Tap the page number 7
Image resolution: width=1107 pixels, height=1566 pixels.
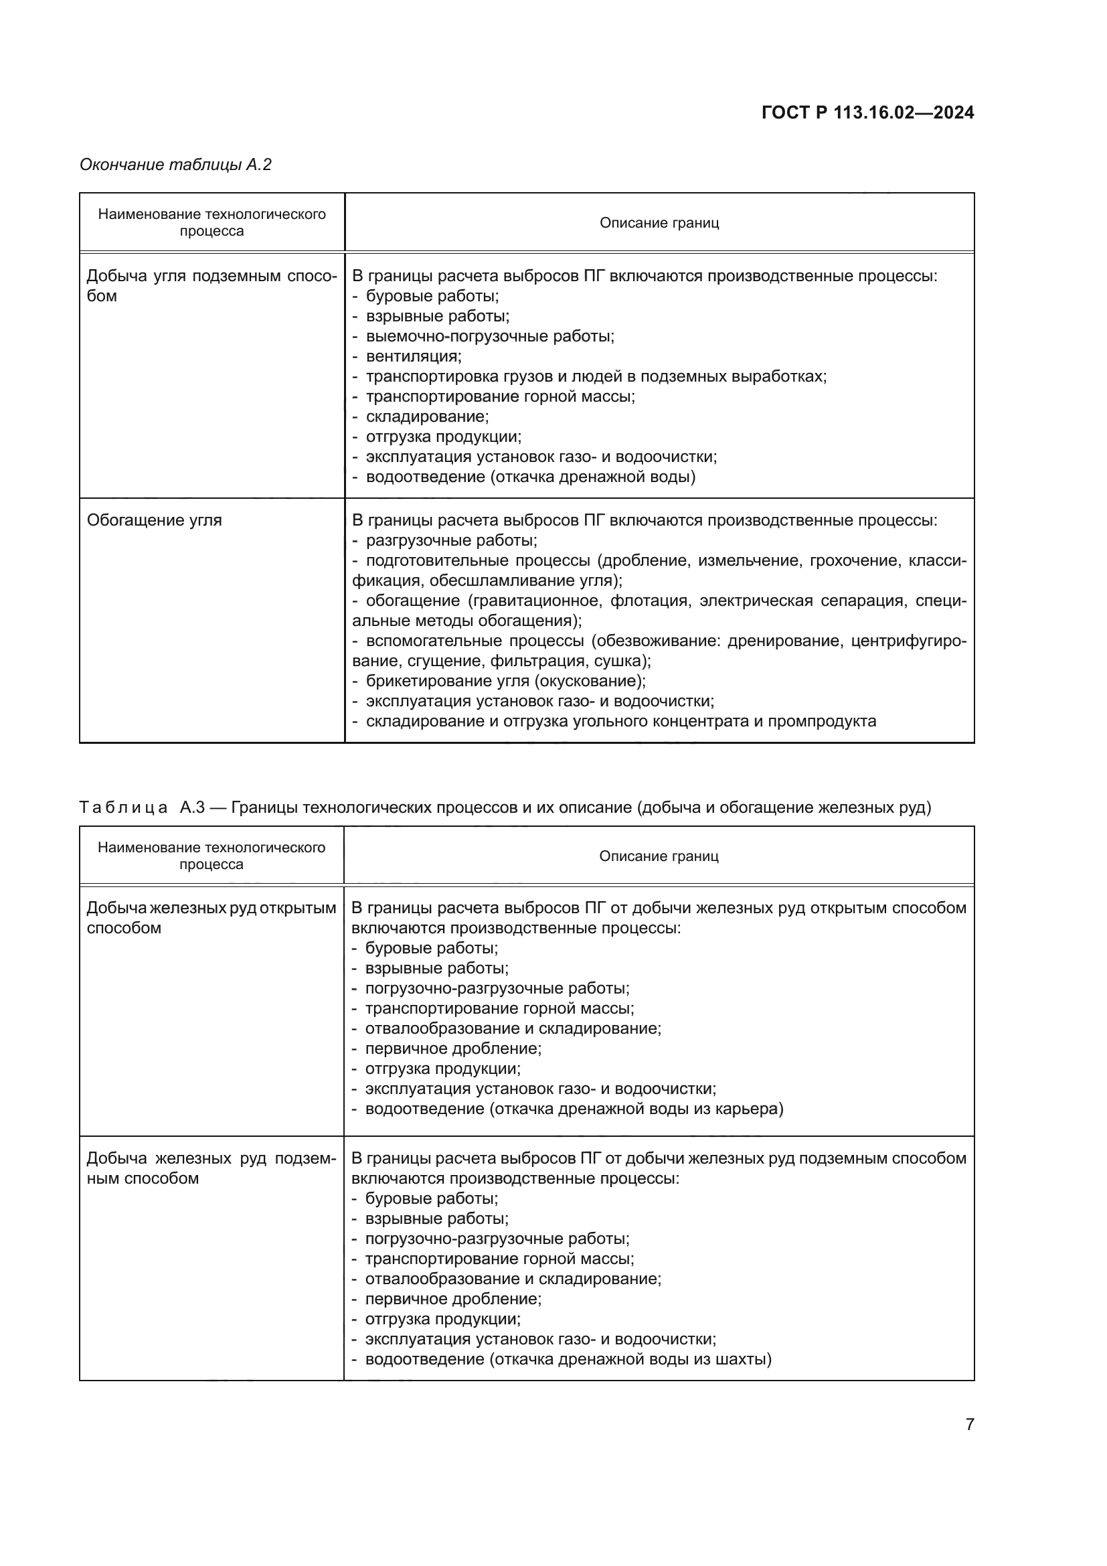(969, 1424)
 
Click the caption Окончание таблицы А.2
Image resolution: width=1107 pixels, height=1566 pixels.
(175, 165)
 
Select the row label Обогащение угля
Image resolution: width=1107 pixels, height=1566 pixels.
(154, 520)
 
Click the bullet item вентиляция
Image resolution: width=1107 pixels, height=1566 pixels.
(413, 356)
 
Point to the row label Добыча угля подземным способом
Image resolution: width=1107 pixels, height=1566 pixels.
(211, 285)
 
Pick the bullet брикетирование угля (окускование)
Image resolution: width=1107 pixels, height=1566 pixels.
(505, 681)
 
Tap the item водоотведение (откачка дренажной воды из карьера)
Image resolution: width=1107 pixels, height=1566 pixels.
(574, 1109)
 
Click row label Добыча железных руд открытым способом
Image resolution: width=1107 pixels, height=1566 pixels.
(211, 917)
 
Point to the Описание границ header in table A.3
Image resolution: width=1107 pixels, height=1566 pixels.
(659, 856)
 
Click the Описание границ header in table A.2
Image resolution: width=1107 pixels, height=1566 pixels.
(659, 223)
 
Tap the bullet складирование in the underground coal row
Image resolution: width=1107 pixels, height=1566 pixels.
(427, 416)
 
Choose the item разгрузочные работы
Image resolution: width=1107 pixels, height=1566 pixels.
(451, 540)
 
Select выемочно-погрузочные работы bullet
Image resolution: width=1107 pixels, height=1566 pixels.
(489, 336)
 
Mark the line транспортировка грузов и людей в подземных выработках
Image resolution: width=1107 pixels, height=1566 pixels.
(596, 376)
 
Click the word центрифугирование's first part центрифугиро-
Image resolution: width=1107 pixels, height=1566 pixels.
(908, 641)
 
